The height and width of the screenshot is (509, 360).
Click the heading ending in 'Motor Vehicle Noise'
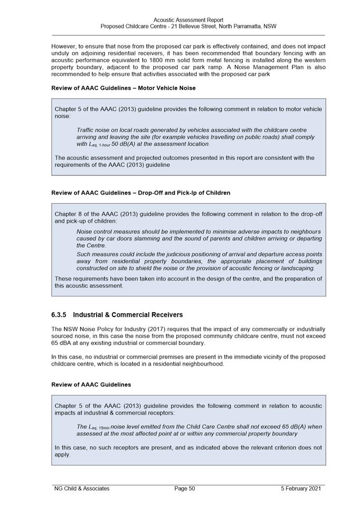(123, 88)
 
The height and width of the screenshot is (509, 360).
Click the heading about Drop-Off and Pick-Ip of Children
(140, 193)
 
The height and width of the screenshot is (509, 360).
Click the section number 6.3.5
(59, 315)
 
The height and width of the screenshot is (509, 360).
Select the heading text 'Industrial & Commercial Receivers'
(128, 315)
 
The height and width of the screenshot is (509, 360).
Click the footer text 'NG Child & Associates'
(82, 488)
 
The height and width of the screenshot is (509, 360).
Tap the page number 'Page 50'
(185, 488)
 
